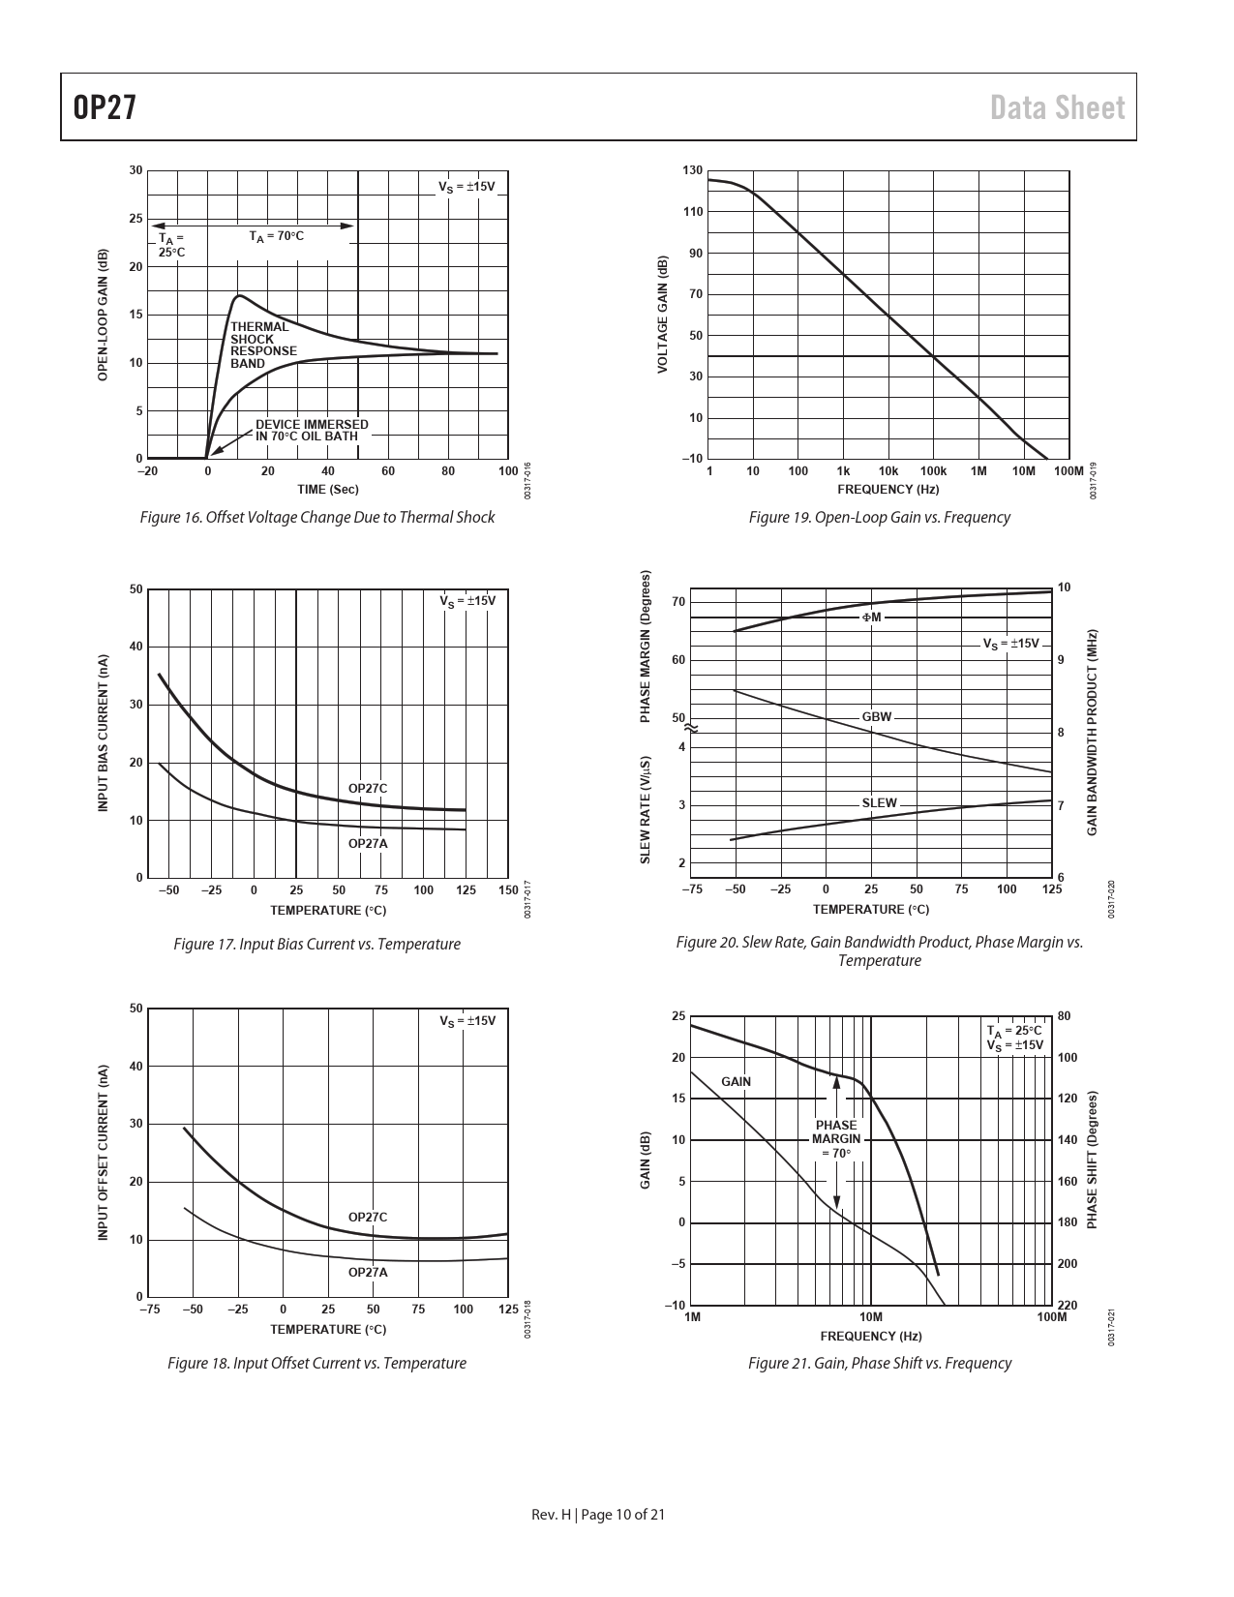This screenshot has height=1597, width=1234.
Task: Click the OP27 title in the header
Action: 104,107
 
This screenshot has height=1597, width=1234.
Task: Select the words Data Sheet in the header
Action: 1058,107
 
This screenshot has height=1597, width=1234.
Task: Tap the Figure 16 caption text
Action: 317,518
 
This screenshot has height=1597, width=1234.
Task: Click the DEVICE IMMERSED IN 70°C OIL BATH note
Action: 311,430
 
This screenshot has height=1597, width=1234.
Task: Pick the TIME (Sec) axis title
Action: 327,490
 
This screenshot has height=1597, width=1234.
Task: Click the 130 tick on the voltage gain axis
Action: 692,170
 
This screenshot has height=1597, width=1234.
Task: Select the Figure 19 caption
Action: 879,518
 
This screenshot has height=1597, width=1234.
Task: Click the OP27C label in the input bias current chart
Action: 368,789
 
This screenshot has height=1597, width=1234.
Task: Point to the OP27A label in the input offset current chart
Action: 368,1272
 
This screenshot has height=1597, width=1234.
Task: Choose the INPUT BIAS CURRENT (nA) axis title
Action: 103,733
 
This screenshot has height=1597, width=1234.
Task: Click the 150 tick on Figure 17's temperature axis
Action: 508,890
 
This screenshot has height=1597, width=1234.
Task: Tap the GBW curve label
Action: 876,717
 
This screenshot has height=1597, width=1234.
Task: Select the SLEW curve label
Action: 879,802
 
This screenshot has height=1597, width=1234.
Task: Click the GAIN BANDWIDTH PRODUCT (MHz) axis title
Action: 1091,733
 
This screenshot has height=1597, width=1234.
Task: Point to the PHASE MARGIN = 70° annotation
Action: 836,1139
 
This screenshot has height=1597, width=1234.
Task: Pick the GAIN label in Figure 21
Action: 736,1081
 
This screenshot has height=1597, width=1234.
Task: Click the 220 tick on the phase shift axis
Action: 1067,1306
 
